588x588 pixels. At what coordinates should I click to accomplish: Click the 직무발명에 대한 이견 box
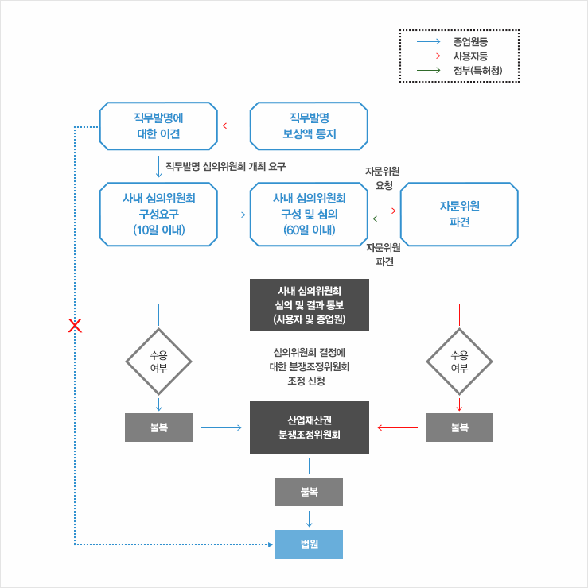click(x=158, y=126)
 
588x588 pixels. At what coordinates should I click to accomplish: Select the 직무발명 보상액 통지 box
click(x=310, y=126)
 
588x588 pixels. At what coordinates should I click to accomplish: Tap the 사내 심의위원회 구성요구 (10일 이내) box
click(x=158, y=215)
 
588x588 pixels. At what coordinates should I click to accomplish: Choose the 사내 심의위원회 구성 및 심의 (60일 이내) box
click(x=310, y=215)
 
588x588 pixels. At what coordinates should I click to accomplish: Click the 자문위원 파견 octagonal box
click(x=459, y=215)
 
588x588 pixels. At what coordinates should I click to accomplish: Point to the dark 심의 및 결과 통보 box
click(x=310, y=305)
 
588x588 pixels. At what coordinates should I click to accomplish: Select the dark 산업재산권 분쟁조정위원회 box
click(x=310, y=427)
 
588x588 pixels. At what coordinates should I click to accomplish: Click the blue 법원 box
click(x=309, y=544)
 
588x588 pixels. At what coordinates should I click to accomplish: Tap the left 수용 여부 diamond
click(x=159, y=362)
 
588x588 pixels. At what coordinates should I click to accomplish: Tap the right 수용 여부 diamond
click(x=459, y=362)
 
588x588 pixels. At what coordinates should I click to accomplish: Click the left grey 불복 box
click(x=159, y=427)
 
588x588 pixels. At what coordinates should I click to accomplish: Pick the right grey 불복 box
click(x=459, y=427)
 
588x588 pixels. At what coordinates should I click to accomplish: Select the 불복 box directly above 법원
click(x=309, y=492)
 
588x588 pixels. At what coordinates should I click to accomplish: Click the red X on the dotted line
click(x=76, y=325)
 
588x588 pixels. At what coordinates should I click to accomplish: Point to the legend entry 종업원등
click(x=469, y=41)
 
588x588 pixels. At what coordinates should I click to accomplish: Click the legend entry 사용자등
click(x=469, y=56)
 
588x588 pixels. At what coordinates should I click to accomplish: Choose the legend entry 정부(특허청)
click(x=475, y=71)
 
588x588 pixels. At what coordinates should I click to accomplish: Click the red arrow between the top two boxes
click(x=234, y=126)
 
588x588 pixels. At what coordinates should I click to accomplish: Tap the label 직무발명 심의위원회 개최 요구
click(x=225, y=167)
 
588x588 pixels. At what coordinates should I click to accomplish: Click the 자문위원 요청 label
click(x=383, y=178)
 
